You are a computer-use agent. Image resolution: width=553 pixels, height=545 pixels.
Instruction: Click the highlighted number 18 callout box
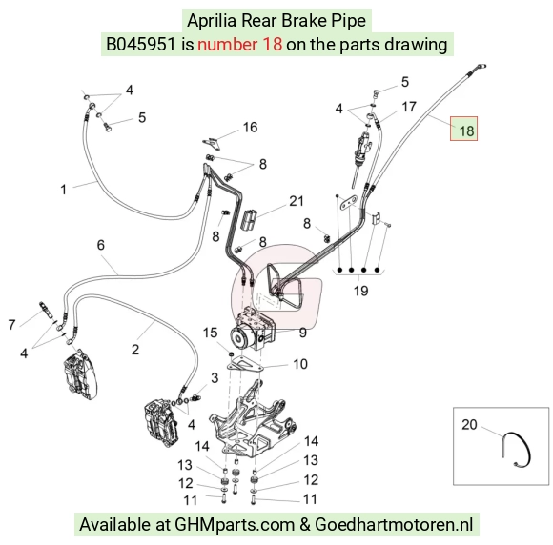coord(463,129)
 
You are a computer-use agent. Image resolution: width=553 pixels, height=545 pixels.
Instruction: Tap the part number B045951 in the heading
coord(141,45)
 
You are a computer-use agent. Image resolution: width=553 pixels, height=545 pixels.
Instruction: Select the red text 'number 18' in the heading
coord(240,45)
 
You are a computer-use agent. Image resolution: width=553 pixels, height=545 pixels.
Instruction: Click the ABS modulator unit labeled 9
coord(251,329)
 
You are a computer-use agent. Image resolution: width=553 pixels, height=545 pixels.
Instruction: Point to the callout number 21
coord(297,201)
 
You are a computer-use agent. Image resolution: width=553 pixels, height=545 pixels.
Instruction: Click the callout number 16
coord(250,128)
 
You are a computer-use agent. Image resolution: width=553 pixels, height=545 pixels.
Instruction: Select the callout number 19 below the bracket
coord(360,291)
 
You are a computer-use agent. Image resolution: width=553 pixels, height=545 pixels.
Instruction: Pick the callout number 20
coord(469,424)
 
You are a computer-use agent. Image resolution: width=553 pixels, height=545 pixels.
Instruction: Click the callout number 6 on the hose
coord(101,245)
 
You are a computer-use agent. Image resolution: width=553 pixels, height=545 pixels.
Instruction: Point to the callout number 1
coord(64,190)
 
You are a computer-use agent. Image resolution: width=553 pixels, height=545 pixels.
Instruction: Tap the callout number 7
coord(12,325)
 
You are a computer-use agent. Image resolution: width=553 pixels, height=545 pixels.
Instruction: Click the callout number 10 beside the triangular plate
coord(300,364)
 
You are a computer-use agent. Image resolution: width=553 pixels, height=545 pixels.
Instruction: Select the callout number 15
coord(210,333)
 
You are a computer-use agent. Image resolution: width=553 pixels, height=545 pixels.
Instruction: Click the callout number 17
coord(409,107)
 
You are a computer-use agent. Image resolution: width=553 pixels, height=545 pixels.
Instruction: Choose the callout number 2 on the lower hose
coord(135,350)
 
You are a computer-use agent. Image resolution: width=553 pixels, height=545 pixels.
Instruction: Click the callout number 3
coord(215,378)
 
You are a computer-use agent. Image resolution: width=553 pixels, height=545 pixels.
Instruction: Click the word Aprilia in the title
coord(212,20)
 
